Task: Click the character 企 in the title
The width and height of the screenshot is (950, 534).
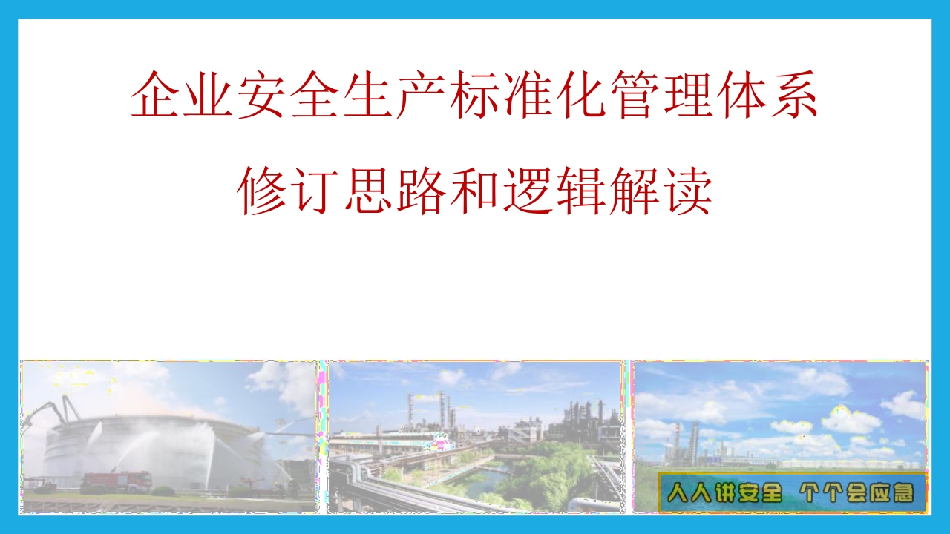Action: [155, 94]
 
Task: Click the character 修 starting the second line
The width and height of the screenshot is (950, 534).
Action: [262, 191]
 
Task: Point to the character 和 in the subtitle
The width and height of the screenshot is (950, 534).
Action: [474, 191]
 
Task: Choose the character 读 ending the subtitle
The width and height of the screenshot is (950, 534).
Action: [687, 191]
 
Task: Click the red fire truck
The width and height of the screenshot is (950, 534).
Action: [117, 482]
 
